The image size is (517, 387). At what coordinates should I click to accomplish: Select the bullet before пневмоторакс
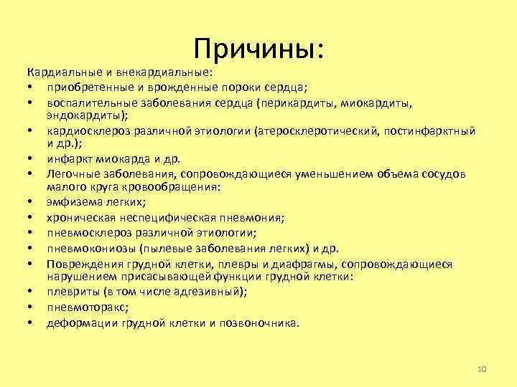[x=32, y=307]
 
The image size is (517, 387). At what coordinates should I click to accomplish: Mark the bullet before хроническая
[x=32, y=217]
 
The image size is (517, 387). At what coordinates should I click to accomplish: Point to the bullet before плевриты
[x=32, y=292]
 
